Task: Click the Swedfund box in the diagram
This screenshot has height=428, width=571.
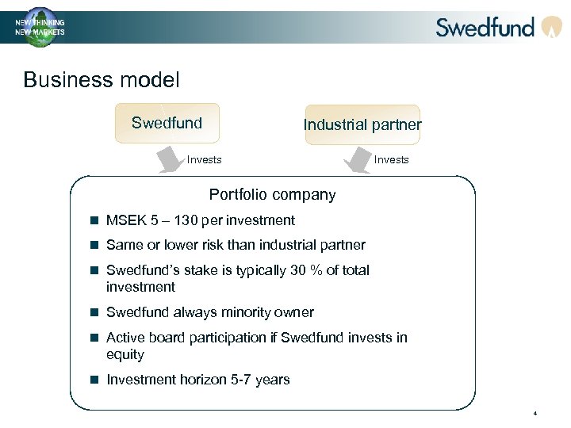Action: tap(167, 124)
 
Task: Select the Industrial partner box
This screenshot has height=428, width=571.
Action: tap(362, 124)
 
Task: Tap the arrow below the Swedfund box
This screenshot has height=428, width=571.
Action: tap(170, 161)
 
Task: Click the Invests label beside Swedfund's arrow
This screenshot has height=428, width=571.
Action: tap(204, 160)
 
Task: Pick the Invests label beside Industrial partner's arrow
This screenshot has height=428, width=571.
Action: tap(391, 160)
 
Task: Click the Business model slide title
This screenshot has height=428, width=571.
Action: tap(102, 80)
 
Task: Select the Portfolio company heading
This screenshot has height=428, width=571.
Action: tap(272, 195)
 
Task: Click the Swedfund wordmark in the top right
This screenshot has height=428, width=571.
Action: tap(485, 28)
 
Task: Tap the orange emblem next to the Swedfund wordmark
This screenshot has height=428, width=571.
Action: tap(551, 28)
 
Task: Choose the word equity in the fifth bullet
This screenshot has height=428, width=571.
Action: tap(125, 354)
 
